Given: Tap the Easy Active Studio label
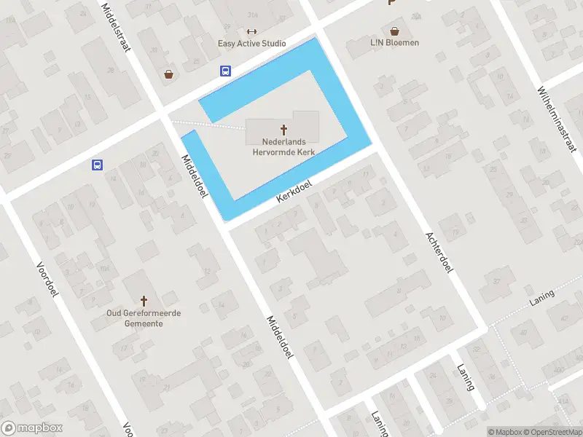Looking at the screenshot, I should click(252, 44).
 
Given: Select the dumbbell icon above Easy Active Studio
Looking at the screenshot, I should click(252, 31).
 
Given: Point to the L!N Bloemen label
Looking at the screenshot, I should click(394, 43).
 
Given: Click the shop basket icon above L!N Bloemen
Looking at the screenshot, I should click(394, 31).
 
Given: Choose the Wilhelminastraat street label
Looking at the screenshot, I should click(557, 119).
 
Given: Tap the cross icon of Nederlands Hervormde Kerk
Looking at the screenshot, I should click(283, 129).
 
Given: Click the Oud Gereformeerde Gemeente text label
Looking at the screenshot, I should click(144, 318).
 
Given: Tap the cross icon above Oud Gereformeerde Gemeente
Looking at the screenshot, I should click(144, 300).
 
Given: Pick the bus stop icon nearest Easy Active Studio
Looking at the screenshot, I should click(226, 71).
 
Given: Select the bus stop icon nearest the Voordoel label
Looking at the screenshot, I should click(97, 165).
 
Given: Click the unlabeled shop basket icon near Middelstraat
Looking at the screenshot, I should click(169, 74).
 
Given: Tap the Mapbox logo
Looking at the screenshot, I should click(31, 428).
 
